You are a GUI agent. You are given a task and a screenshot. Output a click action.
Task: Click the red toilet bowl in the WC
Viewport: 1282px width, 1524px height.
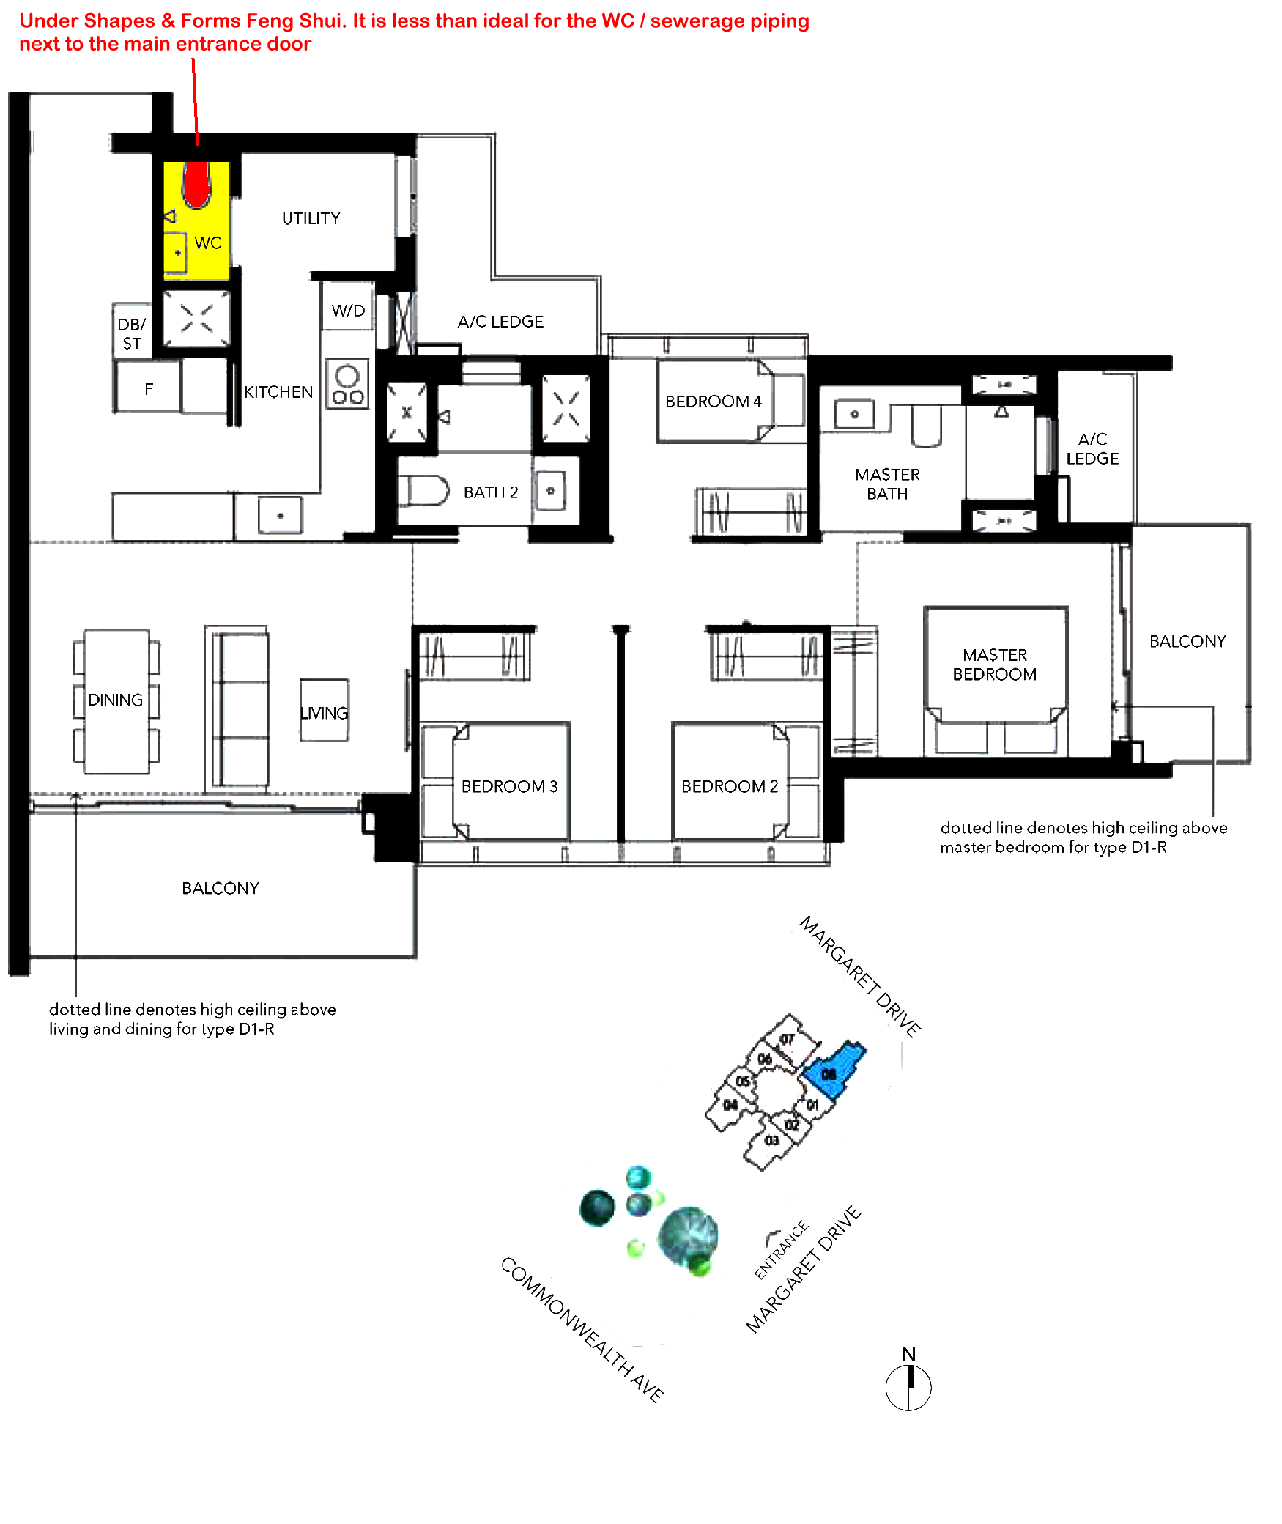(196, 184)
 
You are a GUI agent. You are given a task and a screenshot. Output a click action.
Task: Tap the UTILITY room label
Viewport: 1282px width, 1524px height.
(311, 218)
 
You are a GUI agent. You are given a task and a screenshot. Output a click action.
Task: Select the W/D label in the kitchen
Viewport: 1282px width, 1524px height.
(348, 311)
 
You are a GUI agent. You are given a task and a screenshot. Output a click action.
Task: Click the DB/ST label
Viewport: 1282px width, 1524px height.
(132, 334)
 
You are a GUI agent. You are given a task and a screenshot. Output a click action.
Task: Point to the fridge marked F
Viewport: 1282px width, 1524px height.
(148, 388)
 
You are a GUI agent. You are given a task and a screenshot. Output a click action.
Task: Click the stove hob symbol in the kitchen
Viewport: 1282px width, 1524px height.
(347, 383)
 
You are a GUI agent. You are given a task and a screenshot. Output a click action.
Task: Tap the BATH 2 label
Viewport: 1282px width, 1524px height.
(491, 492)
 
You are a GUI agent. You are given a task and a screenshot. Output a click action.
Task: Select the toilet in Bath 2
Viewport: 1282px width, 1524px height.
(423, 490)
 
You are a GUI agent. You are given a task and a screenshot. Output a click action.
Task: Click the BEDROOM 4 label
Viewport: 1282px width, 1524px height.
(714, 402)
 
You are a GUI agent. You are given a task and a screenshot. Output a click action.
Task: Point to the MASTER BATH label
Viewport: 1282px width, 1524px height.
(887, 484)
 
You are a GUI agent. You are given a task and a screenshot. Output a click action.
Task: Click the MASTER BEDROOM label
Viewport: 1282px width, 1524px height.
(995, 665)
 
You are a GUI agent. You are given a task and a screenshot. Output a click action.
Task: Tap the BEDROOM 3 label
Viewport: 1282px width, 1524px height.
(510, 786)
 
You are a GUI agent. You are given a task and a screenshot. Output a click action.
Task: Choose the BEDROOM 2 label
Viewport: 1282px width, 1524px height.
(730, 786)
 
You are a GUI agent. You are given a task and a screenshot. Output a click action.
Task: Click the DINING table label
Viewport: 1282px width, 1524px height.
(116, 700)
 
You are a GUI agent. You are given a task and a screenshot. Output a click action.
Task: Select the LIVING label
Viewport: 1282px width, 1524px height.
(325, 713)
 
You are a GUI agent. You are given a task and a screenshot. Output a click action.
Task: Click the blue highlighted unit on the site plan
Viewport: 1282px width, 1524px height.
(834, 1070)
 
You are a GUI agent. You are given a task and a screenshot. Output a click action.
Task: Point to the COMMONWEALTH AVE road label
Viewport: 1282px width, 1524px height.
(582, 1329)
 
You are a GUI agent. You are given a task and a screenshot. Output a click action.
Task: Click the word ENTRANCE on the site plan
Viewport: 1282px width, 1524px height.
(781, 1250)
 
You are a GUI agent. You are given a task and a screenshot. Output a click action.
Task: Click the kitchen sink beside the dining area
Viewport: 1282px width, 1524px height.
(280, 515)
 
